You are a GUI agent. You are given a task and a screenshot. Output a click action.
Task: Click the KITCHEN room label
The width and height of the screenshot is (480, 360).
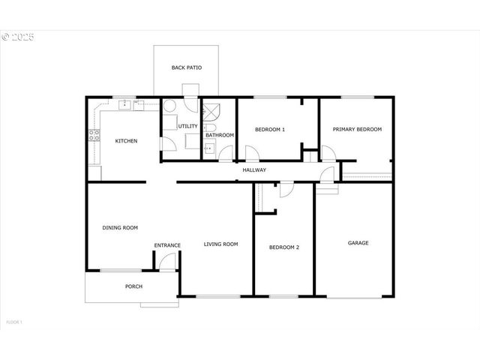point(125,141)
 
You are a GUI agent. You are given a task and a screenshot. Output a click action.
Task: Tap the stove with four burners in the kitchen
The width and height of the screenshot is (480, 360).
point(94,136)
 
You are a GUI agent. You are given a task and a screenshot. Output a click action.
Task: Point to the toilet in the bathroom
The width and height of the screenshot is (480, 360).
point(209,128)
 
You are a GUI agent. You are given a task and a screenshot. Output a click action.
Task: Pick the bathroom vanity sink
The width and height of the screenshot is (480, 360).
point(210,146)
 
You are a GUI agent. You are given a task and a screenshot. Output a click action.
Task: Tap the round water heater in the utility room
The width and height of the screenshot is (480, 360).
point(170,107)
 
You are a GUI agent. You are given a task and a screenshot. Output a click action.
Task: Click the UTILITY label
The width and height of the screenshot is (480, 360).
point(187,126)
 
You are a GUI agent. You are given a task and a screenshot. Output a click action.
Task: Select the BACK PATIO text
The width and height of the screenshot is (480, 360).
point(186,67)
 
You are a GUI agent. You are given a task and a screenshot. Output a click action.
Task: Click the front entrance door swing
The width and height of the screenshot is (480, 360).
point(167,262)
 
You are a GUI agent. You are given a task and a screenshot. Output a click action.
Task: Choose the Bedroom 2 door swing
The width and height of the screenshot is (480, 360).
point(286,189)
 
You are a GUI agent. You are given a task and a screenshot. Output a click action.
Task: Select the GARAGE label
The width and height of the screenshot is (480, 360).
point(358,242)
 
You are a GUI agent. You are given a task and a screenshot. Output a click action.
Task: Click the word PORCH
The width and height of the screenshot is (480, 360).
point(133,286)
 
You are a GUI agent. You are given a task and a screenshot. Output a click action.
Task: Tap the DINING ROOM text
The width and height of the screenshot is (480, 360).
point(120,227)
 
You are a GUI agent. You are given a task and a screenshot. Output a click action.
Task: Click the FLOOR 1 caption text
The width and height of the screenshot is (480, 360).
point(14,322)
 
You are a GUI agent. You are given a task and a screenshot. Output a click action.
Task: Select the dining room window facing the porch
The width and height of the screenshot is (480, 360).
point(120,270)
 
